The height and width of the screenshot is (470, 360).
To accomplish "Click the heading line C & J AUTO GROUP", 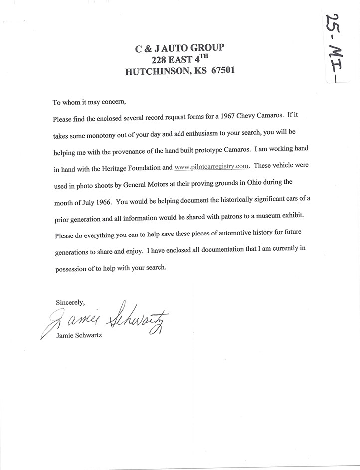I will (180, 48).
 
